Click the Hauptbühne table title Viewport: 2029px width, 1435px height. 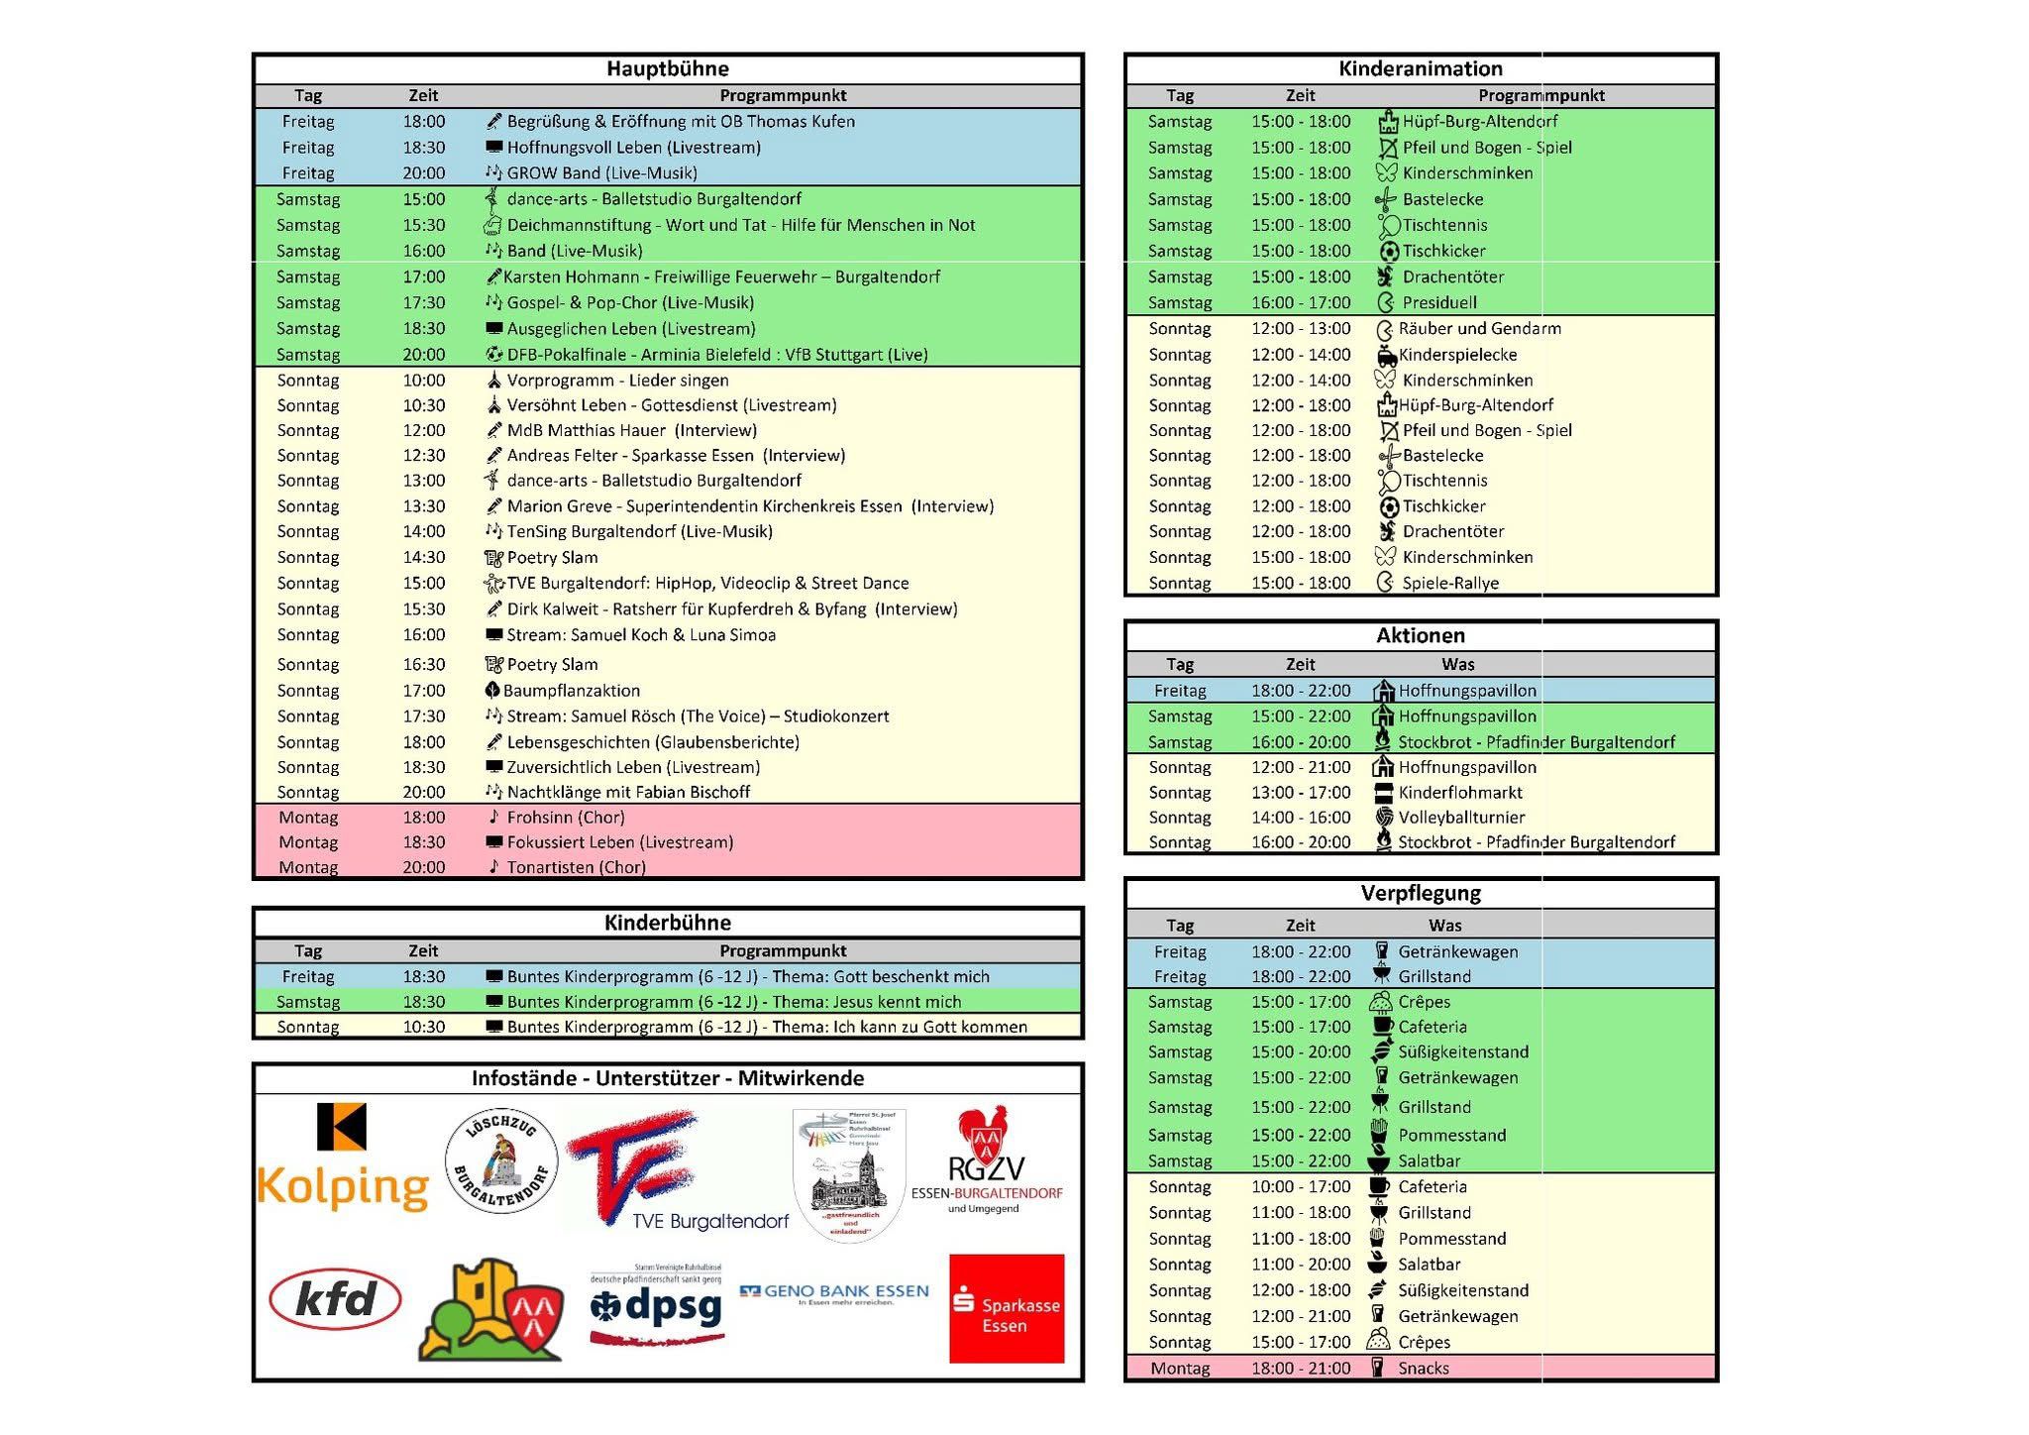coord(668,68)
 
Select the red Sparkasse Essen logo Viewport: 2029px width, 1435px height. coord(1007,1308)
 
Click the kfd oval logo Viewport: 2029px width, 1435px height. coord(335,1299)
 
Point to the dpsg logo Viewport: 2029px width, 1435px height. coord(658,1306)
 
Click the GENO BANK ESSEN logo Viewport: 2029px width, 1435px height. coord(834,1292)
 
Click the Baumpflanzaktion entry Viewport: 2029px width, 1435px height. coord(572,691)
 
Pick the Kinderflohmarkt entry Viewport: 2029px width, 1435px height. coord(1460,793)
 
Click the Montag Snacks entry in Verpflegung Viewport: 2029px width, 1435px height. coord(1423,1369)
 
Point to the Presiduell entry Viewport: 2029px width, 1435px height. coord(1439,303)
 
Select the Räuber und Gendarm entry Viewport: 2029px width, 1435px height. coord(1479,329)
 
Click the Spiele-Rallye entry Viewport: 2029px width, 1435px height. coord(1450,584)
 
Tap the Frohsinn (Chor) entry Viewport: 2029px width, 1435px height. coord(565,818)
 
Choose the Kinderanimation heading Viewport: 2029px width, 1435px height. coord(1420,68)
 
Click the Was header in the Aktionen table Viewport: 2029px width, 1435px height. coord(1457,664)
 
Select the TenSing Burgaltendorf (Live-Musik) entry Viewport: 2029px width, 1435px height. coord(639,532)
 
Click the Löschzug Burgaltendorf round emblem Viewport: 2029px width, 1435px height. coord(501,1160)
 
